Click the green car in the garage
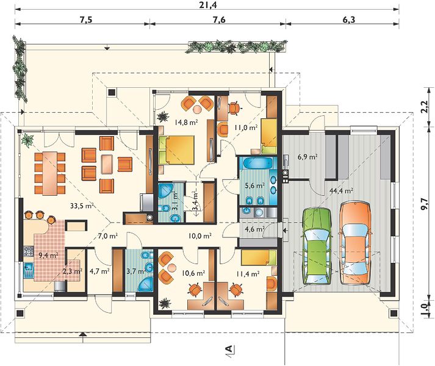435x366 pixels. pyautogui.click(x=317, y=246)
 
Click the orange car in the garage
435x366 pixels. pyautogui.click(x=356, y=243)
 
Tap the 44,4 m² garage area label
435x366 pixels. pyautogui.click(x=341, y=191)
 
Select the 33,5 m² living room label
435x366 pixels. pyautogui.click(x=82, y=206)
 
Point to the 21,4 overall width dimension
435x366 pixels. pyautogui.click(x=208, y=5)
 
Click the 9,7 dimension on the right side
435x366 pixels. pyautogui.click(x=424, y=205)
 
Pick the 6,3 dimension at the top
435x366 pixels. pyautogui.click(x=348, y=20)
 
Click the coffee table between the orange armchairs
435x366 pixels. pyautogui.click(x=107, y=164)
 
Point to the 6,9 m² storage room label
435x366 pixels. pyautogui.click(x=307, y=157)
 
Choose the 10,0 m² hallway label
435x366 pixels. pyautogui.click(x=200, y=236)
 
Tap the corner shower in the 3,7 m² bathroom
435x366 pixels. pyautogui.click(x=146, y=284)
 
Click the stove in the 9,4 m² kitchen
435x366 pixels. pyautogui.click(x=29, y=251)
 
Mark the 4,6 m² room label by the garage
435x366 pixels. pyautogui.click(x=254, y=229)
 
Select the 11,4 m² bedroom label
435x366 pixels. pyautogui.click(x=248, y=274)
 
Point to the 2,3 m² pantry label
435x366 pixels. pyautogui.click(x=73, y=271)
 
